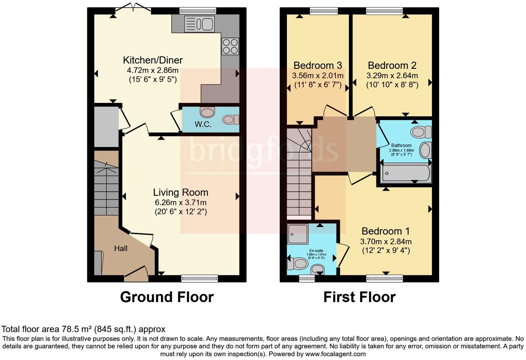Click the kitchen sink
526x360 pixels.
coord(199,24)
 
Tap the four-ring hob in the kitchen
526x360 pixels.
coord(230,46)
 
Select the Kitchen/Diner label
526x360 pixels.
coord(153,60)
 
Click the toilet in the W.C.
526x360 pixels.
coord(230,119)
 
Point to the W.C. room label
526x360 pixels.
coord(203,124)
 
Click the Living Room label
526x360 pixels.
coord(181,192)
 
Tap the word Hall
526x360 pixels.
coord(121,248)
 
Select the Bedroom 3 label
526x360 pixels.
coord(318,65)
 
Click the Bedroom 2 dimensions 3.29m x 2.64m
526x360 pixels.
coord(392,75)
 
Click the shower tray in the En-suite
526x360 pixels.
coord(298,234)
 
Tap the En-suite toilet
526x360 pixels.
coord(298,263)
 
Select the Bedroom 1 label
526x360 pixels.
coord(386,231)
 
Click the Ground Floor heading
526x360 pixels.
coord(167,297)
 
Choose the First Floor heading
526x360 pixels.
coord(360,297)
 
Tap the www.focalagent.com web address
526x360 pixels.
coord(335,354)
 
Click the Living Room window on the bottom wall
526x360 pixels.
coord(200,279)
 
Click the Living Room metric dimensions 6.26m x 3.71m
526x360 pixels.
coord(181,202)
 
